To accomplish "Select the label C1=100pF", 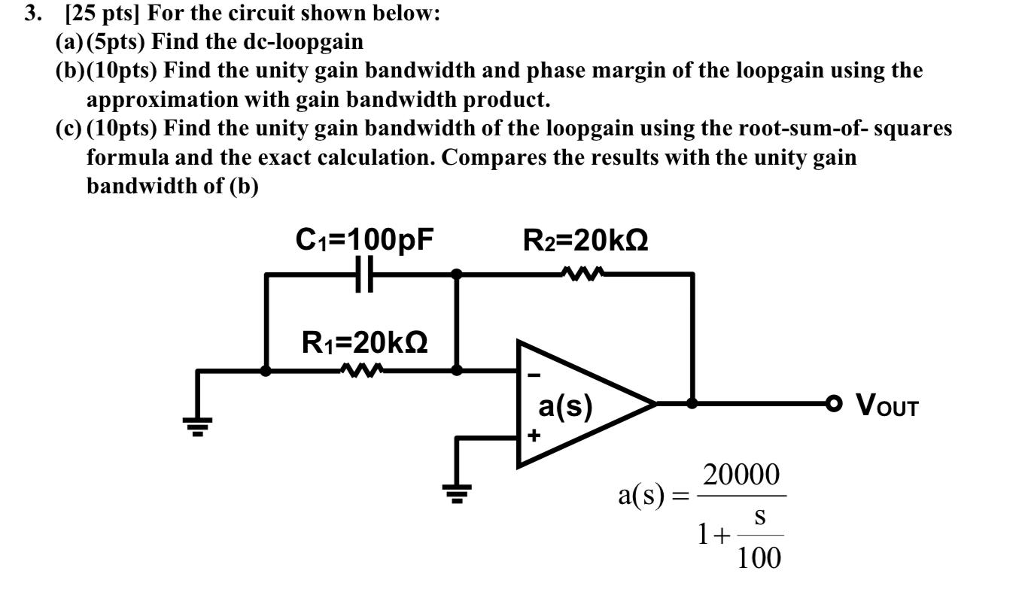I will [365, 240].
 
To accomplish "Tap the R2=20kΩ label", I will [585, 240].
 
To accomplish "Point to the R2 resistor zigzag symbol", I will [582, 274].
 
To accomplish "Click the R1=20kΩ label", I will [365, 342].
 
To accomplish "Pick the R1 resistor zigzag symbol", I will [362, 370].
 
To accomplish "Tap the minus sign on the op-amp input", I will [533, 374].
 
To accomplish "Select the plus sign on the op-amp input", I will [533, 434].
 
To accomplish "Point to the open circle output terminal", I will [832, 403].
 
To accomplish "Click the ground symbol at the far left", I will [198, 427].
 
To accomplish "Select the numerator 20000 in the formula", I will [741, 475].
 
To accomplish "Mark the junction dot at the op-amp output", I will [692, 403].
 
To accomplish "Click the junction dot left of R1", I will [265, 370].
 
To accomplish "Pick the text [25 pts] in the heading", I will [100, 14].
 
